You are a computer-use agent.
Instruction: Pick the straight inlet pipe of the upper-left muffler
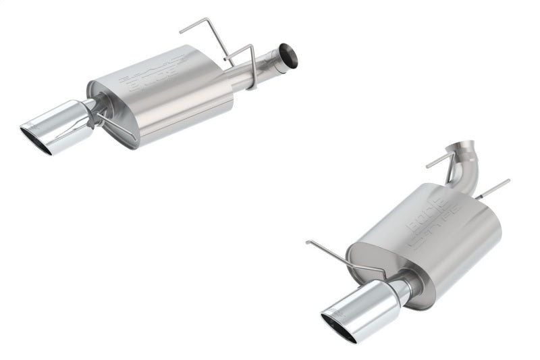click(260, 70)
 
